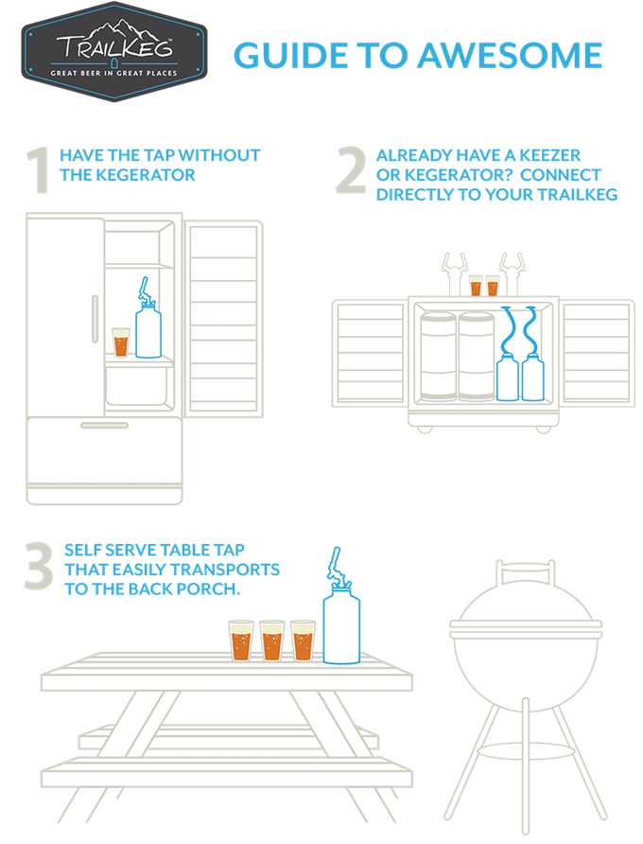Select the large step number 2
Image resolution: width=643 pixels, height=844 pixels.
pos(351,172)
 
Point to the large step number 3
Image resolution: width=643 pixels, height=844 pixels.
pos(39,567)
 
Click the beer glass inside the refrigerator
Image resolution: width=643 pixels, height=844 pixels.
pos(120,342)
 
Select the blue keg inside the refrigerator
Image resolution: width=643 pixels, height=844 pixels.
pos(148,331)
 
